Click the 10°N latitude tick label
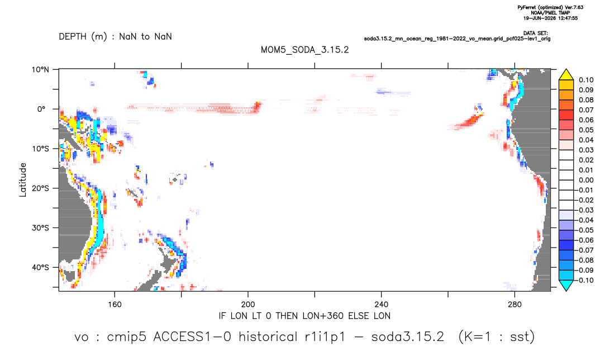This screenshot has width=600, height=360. click(40, 70)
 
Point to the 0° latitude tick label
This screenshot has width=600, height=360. click(41, 109)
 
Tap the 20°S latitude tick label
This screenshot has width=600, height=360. click(40, 188)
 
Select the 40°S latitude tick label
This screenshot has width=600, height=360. click(40, 267)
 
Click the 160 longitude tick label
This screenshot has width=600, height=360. click(115, 305)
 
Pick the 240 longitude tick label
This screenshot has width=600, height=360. click(381, 305)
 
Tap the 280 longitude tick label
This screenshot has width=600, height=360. click(515, 305)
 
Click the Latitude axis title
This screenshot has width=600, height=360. click(23, 180)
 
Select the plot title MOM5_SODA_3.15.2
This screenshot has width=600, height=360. click(304, 50)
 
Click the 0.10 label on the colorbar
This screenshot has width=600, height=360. click(586, 80)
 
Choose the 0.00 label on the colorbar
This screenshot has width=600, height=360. click(586, 180)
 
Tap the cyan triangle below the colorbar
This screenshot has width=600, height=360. click(566, 285)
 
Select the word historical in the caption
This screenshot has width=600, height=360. click(268, 337)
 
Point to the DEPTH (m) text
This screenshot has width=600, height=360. click(83, 37)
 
